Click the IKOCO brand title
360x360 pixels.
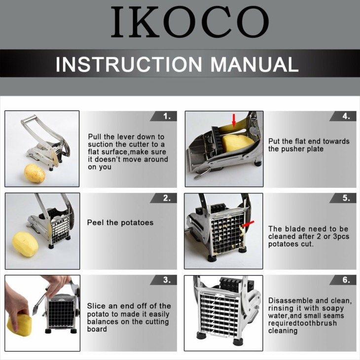(190, 22)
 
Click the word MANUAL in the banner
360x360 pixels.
(254, 64)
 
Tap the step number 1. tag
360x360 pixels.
(164, 116)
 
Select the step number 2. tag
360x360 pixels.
(164, 198)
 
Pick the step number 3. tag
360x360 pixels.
(164, 280)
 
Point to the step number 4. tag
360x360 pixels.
(343, 116)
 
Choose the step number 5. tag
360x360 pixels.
(343, 198)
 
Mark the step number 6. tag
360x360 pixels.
(343, 280)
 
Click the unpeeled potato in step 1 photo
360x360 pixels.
(35, 173)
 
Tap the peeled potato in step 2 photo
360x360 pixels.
(25, 244)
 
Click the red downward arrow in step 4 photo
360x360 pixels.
(234, 120)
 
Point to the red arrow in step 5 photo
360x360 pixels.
(248, 224)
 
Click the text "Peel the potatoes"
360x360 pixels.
(120, 222)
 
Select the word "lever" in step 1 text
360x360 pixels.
(125, 137)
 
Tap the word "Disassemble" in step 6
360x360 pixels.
(290, 300)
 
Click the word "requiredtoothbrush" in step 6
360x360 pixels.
(303, 323)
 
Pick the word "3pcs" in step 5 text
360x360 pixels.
(340, 237)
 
